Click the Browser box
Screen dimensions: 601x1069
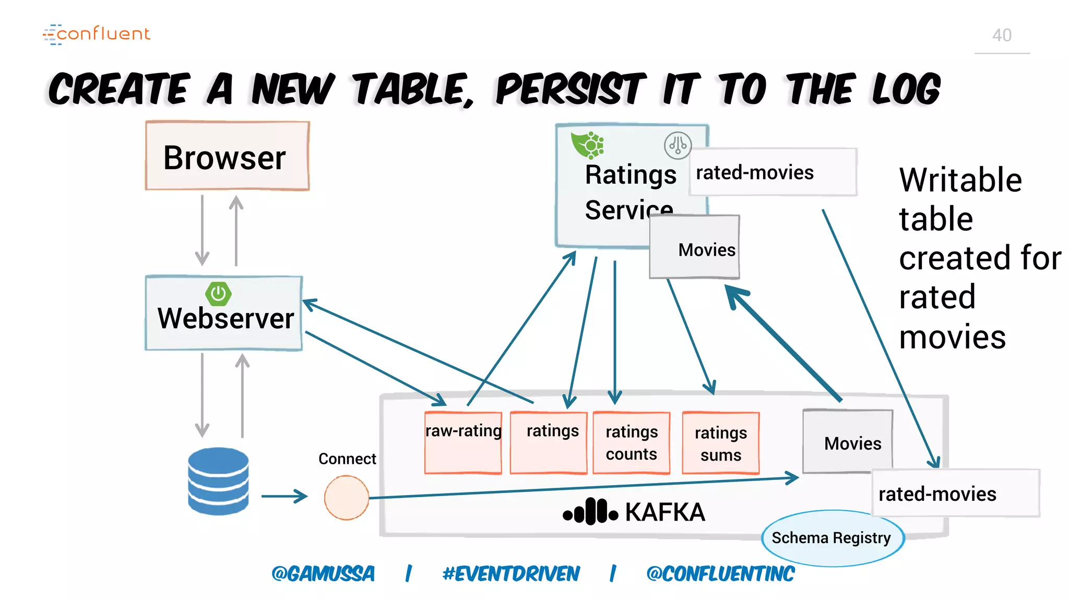227,156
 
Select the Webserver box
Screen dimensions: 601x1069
224,313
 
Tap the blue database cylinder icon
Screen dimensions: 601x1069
218,480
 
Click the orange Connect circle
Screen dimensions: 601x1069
346,497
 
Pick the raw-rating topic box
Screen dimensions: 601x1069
463,442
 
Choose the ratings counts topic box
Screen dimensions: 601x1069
631,443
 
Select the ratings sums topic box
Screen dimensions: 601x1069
720,443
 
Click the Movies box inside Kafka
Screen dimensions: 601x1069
848,442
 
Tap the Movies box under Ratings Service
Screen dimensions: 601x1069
695,247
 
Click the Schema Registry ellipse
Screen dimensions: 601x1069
832,538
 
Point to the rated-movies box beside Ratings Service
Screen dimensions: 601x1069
773,172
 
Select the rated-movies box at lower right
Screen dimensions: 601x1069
955,494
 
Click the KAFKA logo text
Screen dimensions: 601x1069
664,512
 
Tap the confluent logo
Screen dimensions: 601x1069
97,34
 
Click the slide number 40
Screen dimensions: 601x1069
1002,35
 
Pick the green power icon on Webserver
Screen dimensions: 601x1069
218,294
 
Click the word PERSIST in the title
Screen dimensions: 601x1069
571,89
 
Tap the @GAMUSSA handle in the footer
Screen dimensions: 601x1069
323,574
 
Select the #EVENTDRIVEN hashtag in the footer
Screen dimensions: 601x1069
511,574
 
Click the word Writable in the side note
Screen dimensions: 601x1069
960,180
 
